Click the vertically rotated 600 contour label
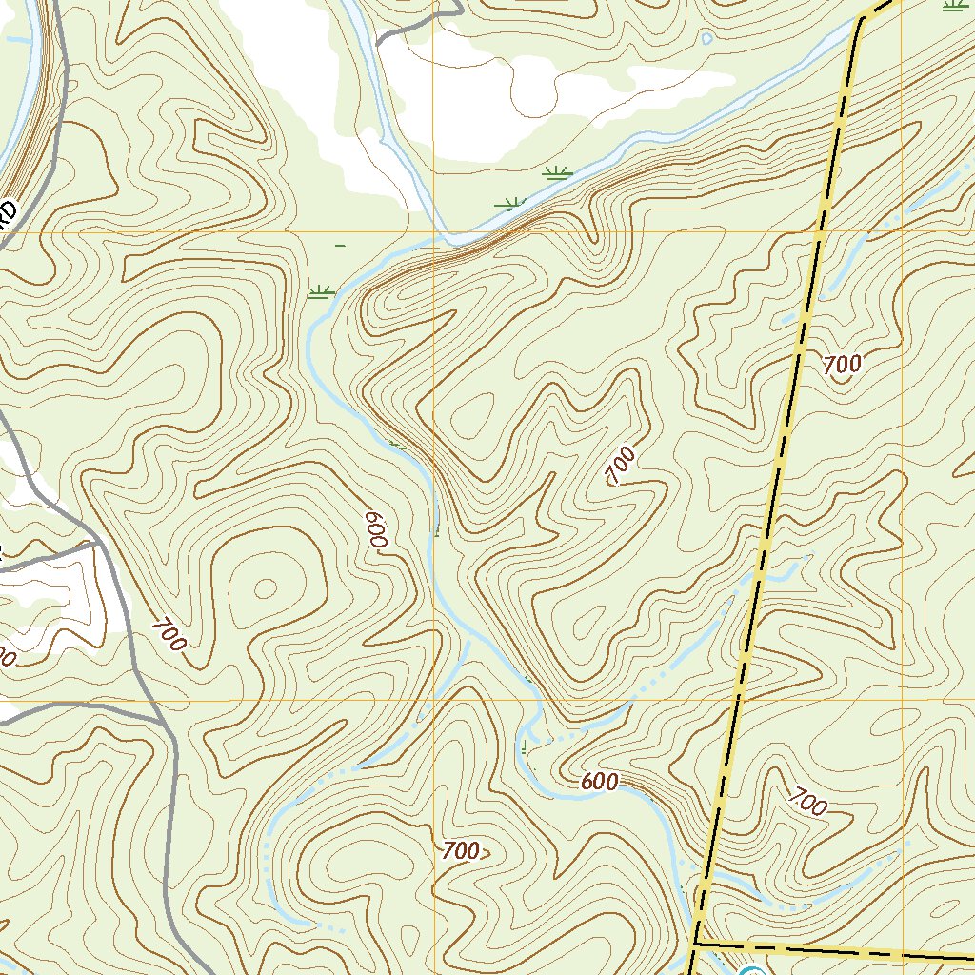pos(375,529)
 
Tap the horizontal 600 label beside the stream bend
pos(599,783)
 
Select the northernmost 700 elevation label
pos(842,364)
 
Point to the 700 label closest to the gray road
pos(169,635)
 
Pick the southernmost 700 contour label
pos(461,851)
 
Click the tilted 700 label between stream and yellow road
pos(620,467)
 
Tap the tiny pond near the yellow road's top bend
pos(706,38)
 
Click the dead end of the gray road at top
pos(378,43)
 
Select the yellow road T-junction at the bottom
pos(696,944)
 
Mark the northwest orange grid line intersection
pos(433,232)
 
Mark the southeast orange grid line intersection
pos(901,700)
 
